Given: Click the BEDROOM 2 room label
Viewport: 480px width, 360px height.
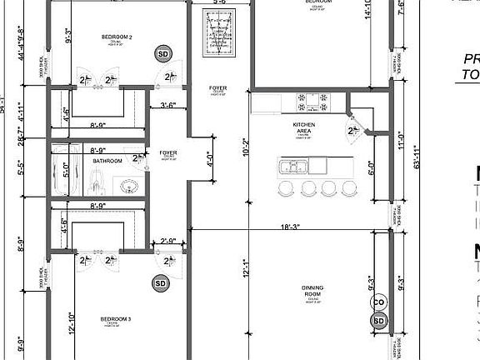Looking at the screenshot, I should (118, 37).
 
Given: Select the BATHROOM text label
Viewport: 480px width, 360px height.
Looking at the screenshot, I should (107, 161).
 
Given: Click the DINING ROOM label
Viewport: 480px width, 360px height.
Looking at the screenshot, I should (312, 292).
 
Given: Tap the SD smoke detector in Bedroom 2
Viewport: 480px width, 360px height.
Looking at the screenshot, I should (162, 54).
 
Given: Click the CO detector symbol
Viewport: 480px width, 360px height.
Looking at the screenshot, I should (379, 302).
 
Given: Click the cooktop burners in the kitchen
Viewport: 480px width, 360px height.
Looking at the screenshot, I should (307, 102).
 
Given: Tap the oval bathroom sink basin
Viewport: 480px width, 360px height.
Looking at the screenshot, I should (128, 184).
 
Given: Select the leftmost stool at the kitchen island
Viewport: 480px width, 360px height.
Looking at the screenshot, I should (286, 188).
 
